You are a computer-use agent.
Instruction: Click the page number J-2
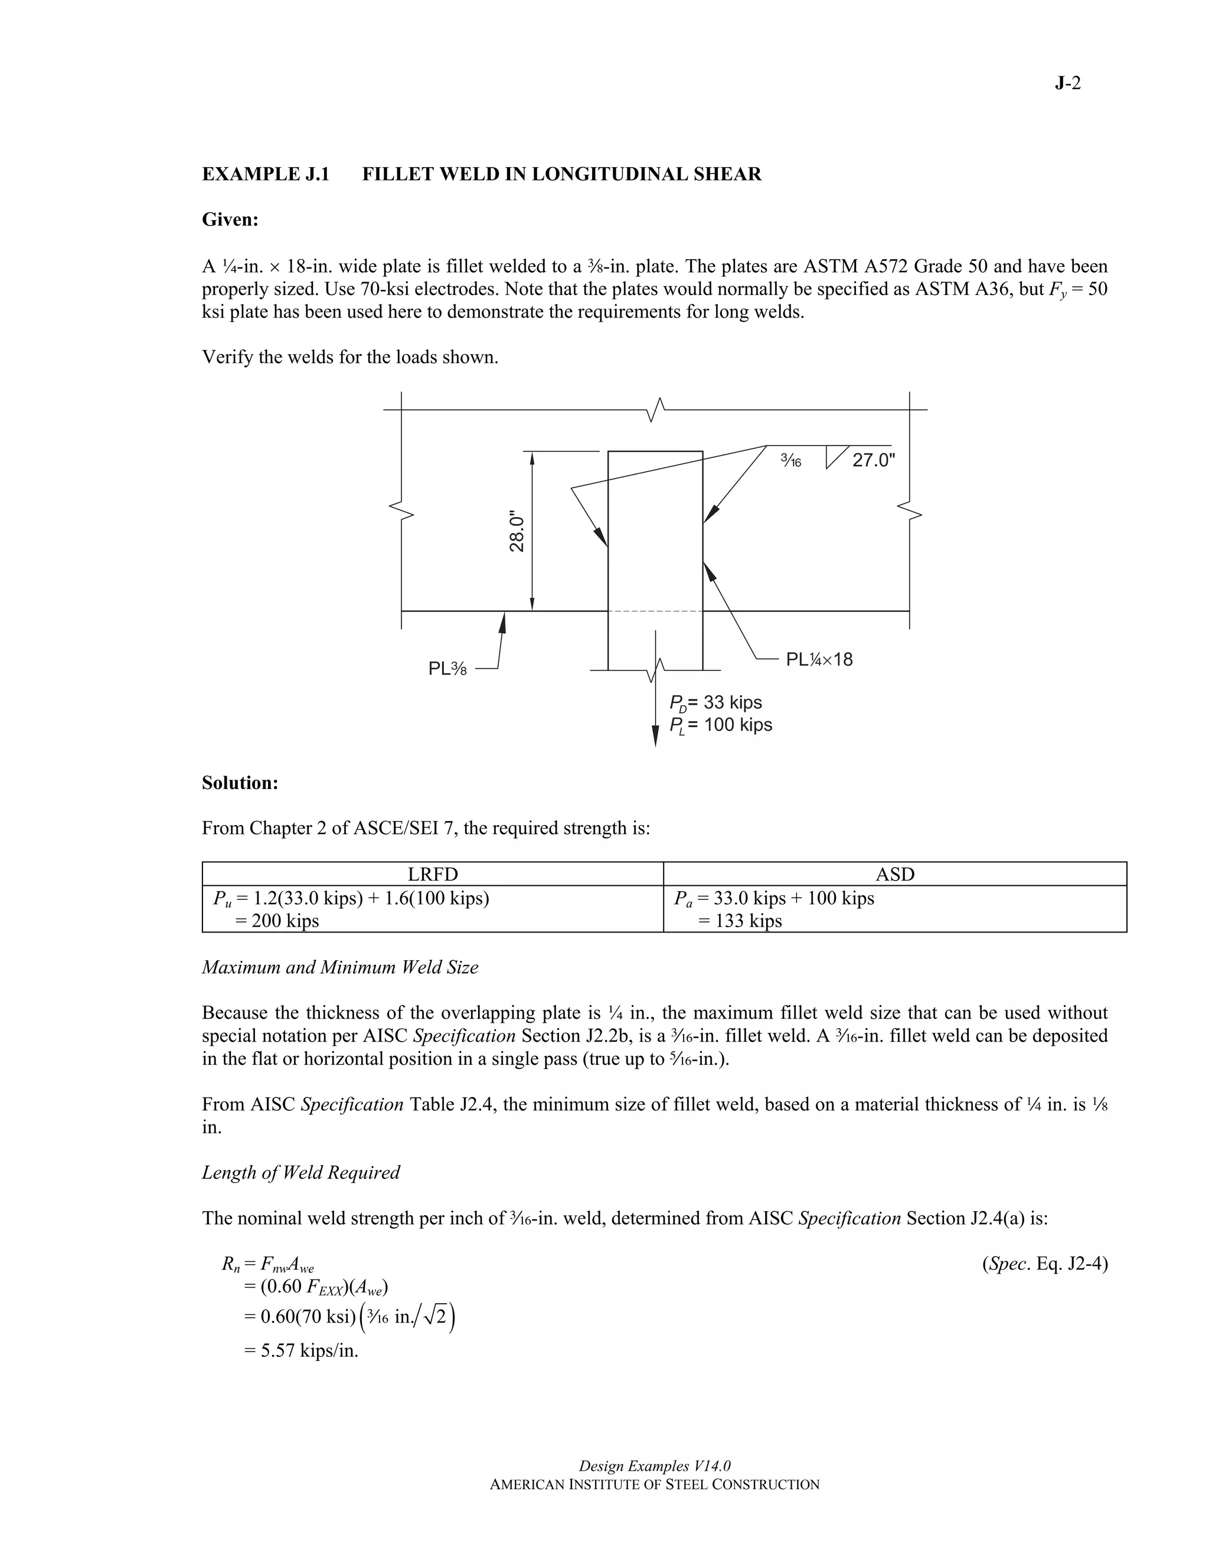1067,84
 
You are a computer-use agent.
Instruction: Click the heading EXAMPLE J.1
266,174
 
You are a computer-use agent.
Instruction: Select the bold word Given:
230,220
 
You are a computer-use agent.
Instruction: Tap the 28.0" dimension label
517,531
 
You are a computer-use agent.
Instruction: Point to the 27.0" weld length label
874,460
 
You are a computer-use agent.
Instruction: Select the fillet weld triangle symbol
836,456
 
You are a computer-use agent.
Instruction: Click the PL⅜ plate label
447,669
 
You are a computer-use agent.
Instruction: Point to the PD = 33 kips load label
715,702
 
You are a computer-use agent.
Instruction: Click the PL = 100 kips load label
721,725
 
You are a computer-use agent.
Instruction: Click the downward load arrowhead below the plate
655,736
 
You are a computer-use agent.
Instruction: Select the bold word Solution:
240,783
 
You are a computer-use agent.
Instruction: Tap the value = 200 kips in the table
276,920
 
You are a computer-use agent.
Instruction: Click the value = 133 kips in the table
740,920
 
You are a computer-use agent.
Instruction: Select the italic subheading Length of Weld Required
301,1172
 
